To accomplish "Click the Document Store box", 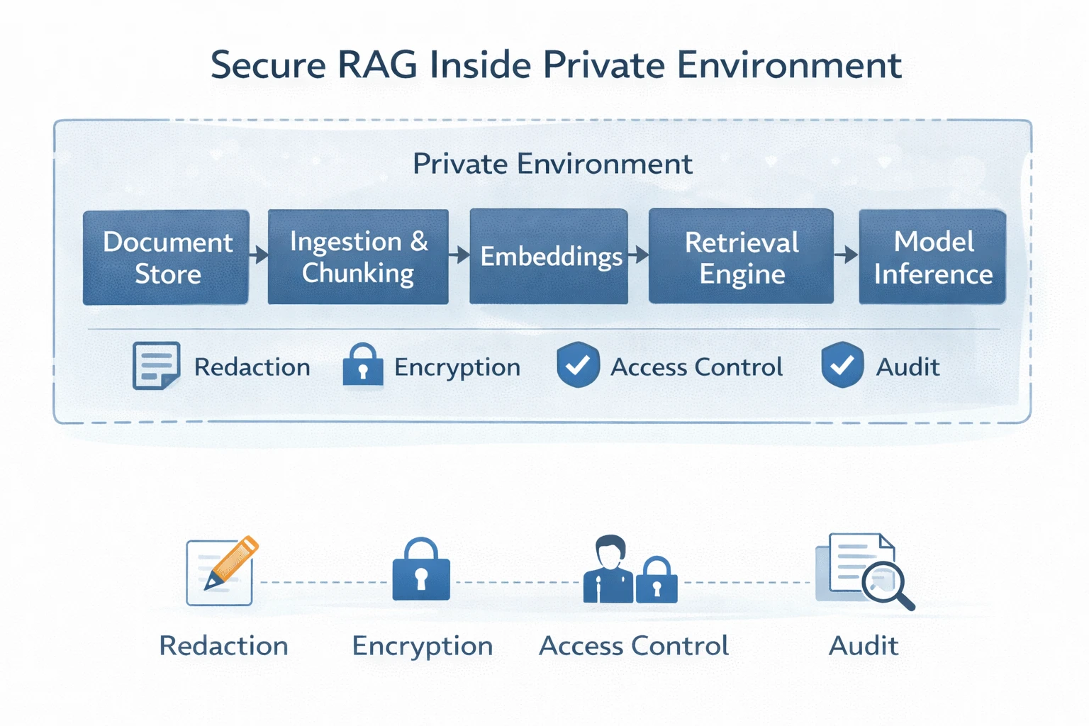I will point(166,257).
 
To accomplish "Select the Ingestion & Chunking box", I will point(358,257).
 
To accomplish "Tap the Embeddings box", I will point(549,256).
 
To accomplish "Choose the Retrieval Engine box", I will point(741,257).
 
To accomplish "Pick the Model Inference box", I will point(932,257).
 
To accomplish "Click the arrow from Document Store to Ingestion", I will point(259,255).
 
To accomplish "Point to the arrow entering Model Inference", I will point(847,255).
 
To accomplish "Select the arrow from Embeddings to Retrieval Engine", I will point(638,255).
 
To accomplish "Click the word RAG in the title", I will point(377,65).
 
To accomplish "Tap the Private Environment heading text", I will point(552,164).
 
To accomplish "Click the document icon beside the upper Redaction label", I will point(155,366).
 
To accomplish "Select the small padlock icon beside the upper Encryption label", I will point(363,365).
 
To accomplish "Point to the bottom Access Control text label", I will point(634,646).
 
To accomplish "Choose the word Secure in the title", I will point(268,65).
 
